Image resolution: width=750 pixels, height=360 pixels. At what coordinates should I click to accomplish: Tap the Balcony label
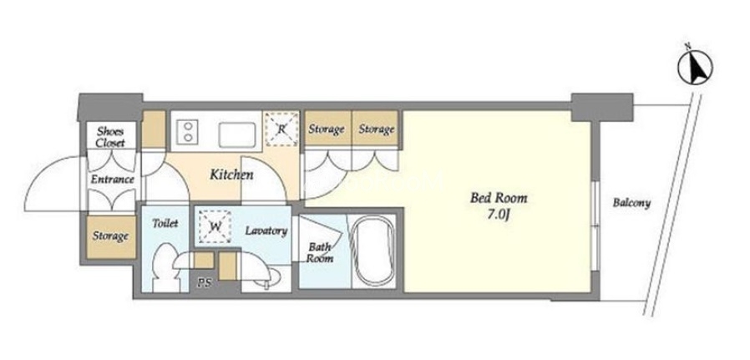(631, 203)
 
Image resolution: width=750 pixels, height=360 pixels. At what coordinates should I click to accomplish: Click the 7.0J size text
(499, 215)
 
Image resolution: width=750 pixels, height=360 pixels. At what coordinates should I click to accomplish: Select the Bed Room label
(499, 198)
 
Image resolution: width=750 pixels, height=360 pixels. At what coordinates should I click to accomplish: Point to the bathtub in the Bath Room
(373, 251)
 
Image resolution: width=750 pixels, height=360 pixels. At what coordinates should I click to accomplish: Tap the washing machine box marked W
(215, 226)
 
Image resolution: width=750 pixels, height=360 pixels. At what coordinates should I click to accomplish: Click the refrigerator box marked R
(281, 129)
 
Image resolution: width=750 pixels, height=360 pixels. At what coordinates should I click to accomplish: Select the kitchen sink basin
(238, 134)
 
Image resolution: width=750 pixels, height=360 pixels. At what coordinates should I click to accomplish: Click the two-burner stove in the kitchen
(188, 132)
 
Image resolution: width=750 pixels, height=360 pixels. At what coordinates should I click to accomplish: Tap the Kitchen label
(231, 175)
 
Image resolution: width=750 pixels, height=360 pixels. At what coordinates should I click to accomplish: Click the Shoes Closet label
(110, 137)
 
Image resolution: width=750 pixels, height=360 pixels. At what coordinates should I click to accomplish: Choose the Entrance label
(113, 180)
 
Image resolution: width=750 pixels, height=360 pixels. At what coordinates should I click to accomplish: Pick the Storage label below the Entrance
(110, 236)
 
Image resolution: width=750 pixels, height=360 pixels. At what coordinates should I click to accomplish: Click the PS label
(203, 283)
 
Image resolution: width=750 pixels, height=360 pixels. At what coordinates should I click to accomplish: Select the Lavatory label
(266, 231)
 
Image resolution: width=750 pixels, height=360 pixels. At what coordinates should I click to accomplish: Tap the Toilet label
(165, 223)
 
